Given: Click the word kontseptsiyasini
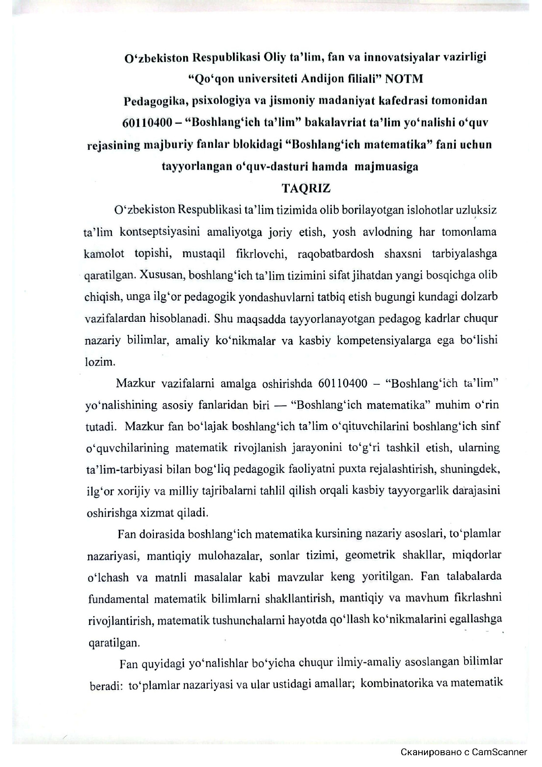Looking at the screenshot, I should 160,232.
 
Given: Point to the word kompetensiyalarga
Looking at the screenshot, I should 388,341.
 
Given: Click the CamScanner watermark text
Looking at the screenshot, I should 464,752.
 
